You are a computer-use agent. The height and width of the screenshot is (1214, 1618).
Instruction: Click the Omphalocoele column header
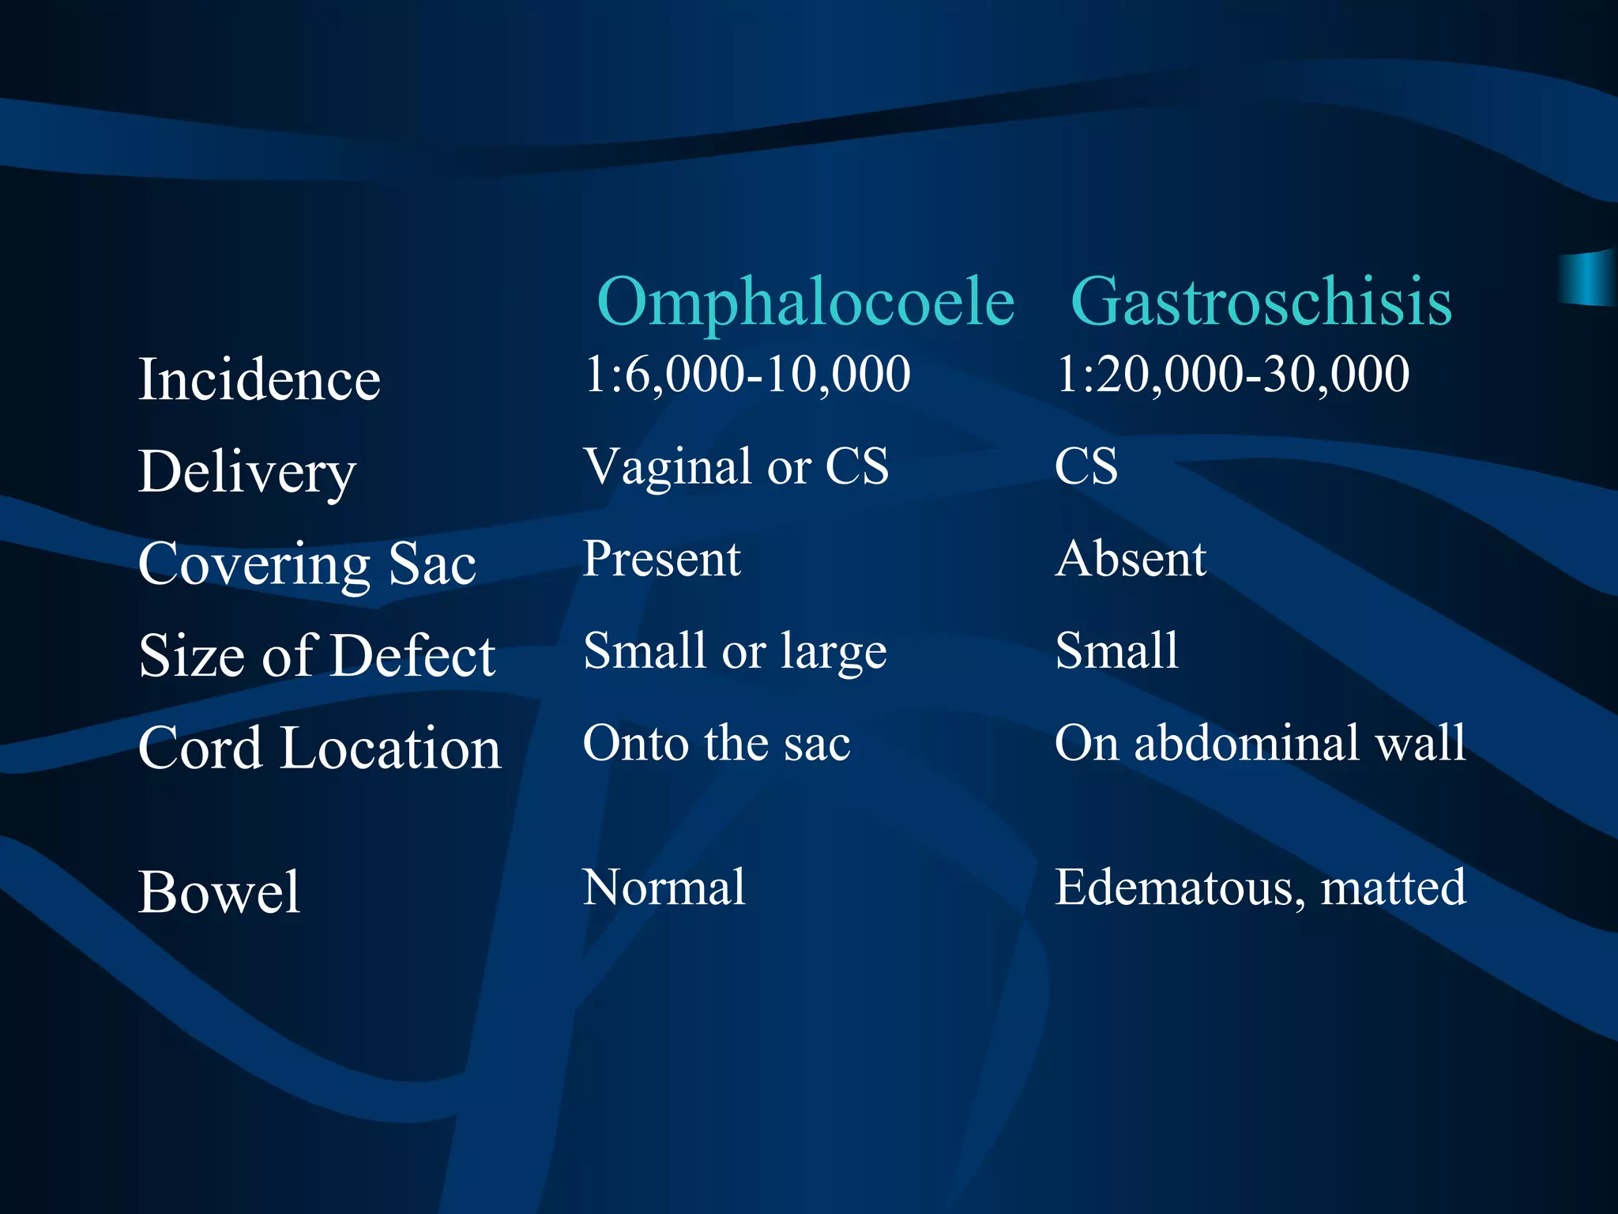coord(805,302)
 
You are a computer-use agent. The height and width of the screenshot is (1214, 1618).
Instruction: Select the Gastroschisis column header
coord(1261,302)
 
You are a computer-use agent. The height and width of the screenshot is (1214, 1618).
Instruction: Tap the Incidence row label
coord(259,379)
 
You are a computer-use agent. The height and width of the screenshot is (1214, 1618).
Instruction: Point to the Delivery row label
coord(246,472)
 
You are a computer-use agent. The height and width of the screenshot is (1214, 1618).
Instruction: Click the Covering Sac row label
coord(307,564)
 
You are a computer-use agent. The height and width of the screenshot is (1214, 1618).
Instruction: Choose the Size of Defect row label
coord(317,656)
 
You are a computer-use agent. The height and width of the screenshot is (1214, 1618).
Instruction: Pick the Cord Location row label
coord(319,748)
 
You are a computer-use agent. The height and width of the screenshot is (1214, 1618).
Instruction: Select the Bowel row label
coord(219,892)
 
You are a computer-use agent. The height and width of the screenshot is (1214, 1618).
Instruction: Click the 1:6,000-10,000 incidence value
coord(747,374)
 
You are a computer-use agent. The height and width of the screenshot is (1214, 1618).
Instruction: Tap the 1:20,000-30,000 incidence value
coord(1232,374)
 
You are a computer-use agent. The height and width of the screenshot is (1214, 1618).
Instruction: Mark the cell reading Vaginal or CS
coord(736,466)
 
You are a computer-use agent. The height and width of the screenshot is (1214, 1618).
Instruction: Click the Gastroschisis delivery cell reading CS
coord(1086,466)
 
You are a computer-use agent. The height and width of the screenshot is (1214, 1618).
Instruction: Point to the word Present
coord(662,559)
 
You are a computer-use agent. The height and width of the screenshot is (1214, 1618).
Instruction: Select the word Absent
coord(1131,559)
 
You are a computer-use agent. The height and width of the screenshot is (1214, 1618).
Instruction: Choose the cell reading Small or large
coord(735,651)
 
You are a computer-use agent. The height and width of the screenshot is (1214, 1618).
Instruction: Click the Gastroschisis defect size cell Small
coord(1116,651)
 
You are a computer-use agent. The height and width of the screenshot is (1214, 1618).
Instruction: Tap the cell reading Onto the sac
coord(717,744)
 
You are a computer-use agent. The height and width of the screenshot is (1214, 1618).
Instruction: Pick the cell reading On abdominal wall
coord(1260,744)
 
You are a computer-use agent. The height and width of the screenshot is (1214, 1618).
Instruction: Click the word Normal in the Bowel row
coord(664,888)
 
